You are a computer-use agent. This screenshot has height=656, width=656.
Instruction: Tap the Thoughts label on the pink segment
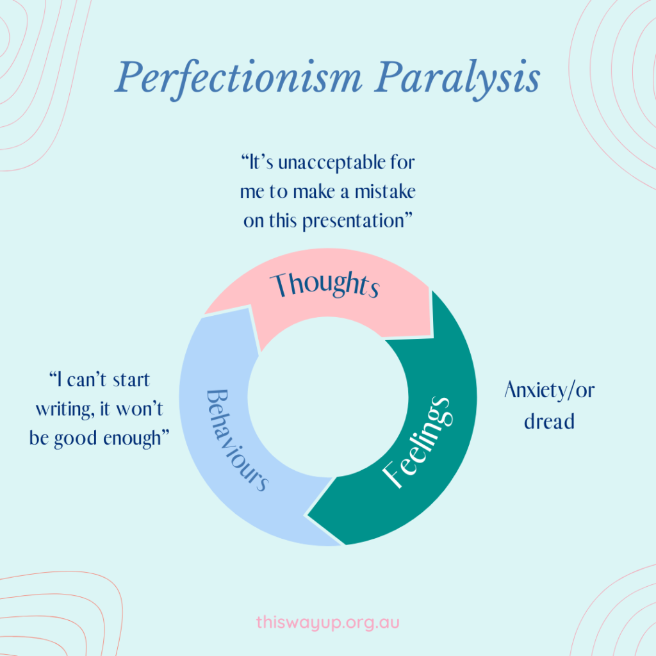(x=324, y=284)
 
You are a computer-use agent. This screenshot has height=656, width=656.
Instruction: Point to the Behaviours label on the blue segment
(x=234, y=439)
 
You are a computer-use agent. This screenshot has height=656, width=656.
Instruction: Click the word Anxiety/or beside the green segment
(x=549, y=390)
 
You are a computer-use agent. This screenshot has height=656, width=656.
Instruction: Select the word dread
(x=549, y=421)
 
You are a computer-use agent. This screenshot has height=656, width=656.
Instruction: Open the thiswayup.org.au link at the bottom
(x=327, y=621)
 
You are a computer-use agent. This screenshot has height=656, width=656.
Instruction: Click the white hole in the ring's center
(x=327, y=397)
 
